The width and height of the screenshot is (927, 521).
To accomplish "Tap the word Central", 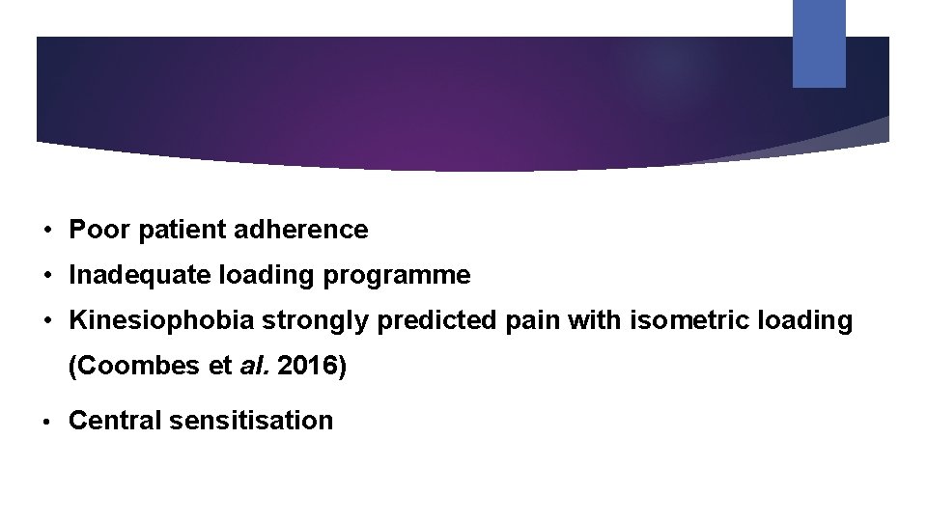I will pos(115,421).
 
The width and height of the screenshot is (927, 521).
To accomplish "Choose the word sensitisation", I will pos(250,421).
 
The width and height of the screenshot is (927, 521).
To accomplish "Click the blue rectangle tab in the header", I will pos(819,43).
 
